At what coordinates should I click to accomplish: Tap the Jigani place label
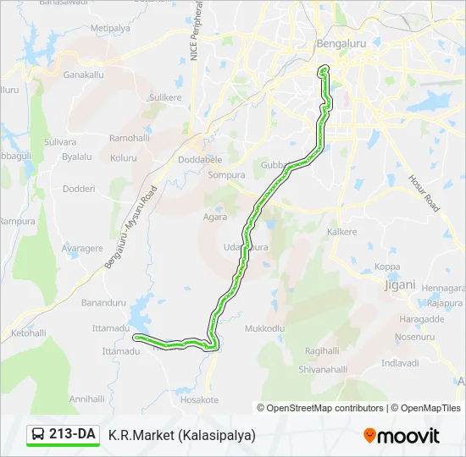coord(400,284)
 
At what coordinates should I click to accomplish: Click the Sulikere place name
coord(165,97)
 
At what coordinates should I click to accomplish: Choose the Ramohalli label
coord(129,137)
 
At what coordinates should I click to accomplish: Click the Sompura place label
coord(226,175)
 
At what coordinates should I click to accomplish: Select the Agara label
coord(214,217)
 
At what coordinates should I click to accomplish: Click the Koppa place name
coord(387,267)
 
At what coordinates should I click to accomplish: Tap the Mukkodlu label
coord(266,328)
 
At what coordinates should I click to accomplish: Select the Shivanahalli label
coord(324,369)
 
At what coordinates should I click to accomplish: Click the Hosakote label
coord(200,399)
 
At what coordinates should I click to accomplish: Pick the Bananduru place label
coord(103,302)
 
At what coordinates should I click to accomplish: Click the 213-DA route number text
coord(72,434)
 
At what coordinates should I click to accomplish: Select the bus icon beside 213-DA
coord(39,435)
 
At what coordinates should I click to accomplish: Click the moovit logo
coord(402,436)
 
